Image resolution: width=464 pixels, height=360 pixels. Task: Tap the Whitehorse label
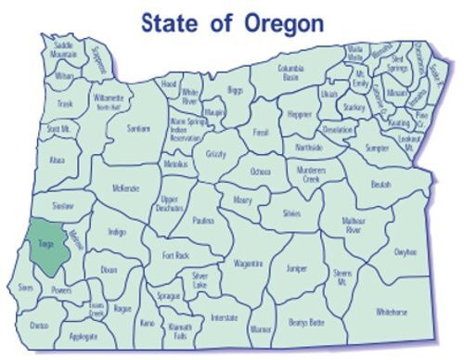(x=392, y=313)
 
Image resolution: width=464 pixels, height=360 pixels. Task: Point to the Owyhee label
(x=405, y=251)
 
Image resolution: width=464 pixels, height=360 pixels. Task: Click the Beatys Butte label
(x=306, y=322)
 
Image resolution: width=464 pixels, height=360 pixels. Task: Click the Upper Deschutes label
(x=170, y=203)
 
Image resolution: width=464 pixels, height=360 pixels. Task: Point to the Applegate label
(x=83, y=336)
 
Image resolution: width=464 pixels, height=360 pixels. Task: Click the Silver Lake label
(x=200, y=278)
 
